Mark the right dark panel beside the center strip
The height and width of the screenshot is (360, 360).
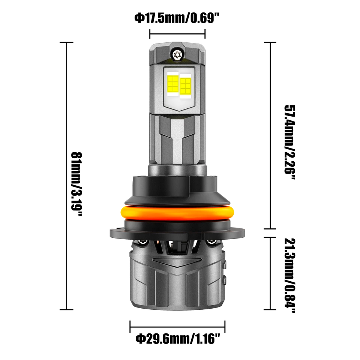tap(195, 142)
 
